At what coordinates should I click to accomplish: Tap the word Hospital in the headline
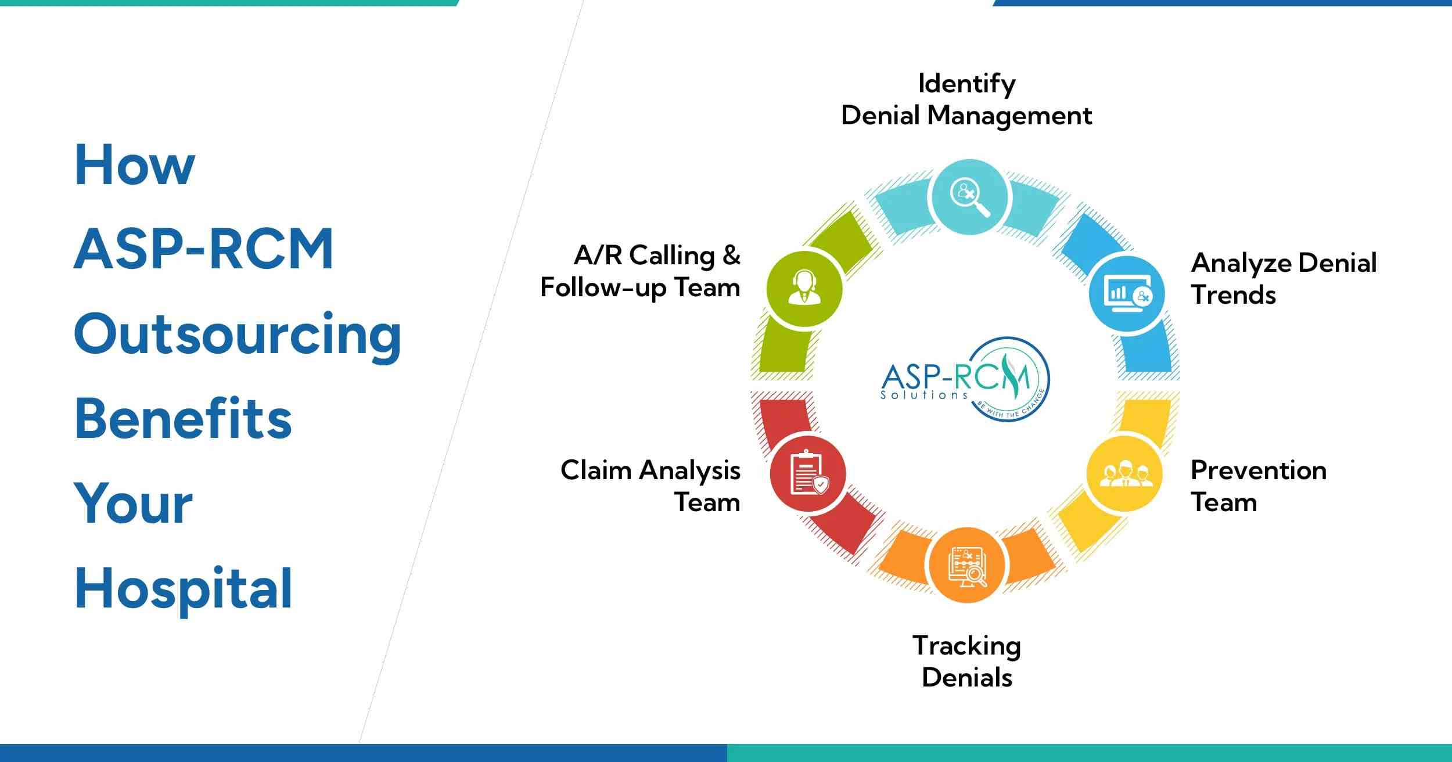(x=184, y=589)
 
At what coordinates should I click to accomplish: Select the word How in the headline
(x=135, y=165)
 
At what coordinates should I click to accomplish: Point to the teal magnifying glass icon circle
(x=969, y=197)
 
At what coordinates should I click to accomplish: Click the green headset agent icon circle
(x=804, y=289)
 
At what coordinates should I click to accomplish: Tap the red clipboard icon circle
(x=808, y=474)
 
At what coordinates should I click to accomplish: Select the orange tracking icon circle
(x=967, y=565)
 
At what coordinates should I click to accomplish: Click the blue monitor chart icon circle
(x=1127, y=294)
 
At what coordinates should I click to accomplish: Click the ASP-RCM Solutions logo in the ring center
(x=965, y=379)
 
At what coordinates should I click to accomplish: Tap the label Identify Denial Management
(x=966, y=100)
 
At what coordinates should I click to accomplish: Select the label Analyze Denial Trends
(x=1284, y=279)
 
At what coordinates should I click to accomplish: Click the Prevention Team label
(x=1259, y=486)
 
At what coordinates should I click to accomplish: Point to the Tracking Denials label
(x=966, y=662)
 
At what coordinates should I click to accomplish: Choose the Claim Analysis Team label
(x=650, y=486)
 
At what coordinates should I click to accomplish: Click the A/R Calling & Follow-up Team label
(x=641, y=271)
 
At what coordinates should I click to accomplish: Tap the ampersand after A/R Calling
(x=731, y=256)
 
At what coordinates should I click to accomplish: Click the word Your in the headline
(x=134, y=504)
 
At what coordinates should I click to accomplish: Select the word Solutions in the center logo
(x=924, y=395)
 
